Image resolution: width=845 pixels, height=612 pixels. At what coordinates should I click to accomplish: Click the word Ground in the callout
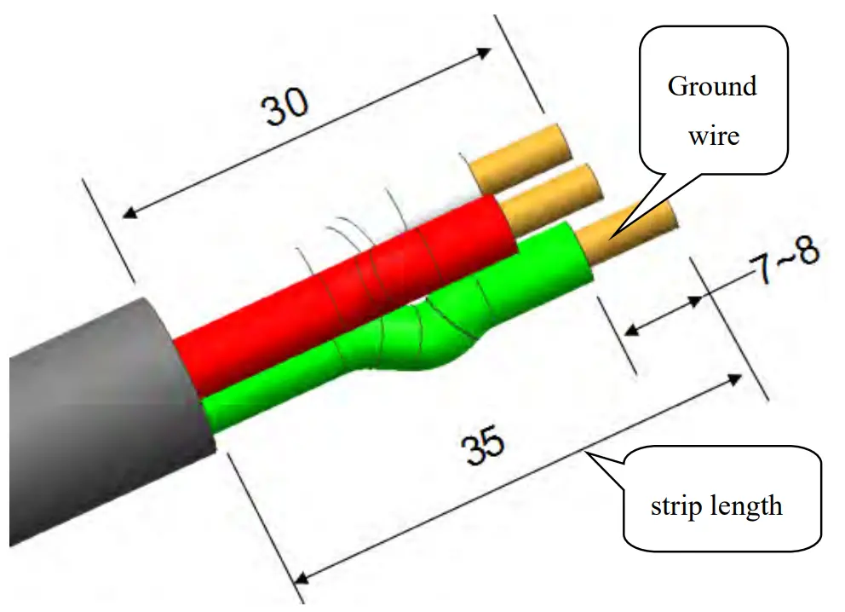coord(712,86)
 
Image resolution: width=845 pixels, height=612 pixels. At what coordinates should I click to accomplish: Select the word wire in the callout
coord(713,135)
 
